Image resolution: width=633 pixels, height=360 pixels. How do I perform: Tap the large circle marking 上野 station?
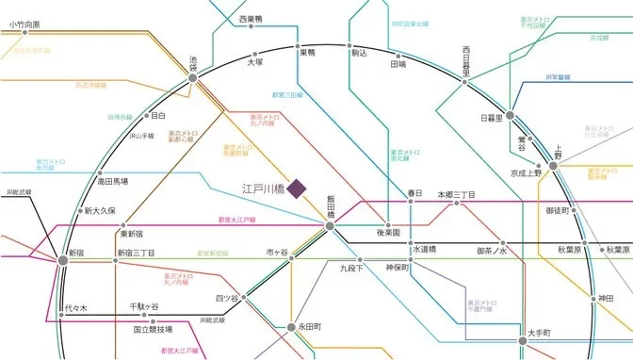click(x=555, y=166)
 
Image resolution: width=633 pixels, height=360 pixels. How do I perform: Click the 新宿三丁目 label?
click(x=136, y=254)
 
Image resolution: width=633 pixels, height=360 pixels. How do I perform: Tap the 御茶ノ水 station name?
click(x=492, y=251)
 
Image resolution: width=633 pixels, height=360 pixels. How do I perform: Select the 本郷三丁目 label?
click(x=456, y=194)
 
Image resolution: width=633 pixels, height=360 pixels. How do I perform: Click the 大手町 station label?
click(x=518, y=332)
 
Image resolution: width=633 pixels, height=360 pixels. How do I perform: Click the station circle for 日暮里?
click(x=511, y=117)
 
